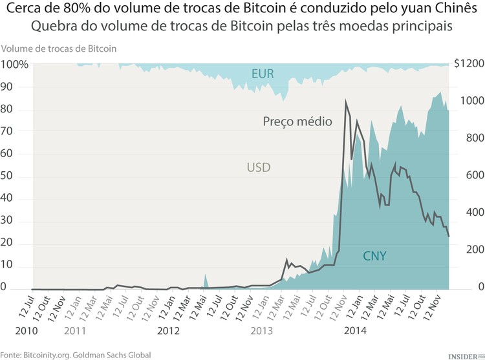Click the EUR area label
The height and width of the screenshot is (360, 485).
[x=263, y=74]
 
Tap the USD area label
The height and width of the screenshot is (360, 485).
[x=258, y=168]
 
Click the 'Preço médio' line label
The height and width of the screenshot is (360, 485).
[x=297, y=121]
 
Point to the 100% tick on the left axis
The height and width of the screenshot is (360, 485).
[x=14, y=65]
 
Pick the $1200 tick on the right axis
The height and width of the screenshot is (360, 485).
[x=469, y=65]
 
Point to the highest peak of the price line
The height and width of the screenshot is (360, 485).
[x=346, y=101]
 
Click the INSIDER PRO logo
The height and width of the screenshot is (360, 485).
[x=465, y=355]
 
